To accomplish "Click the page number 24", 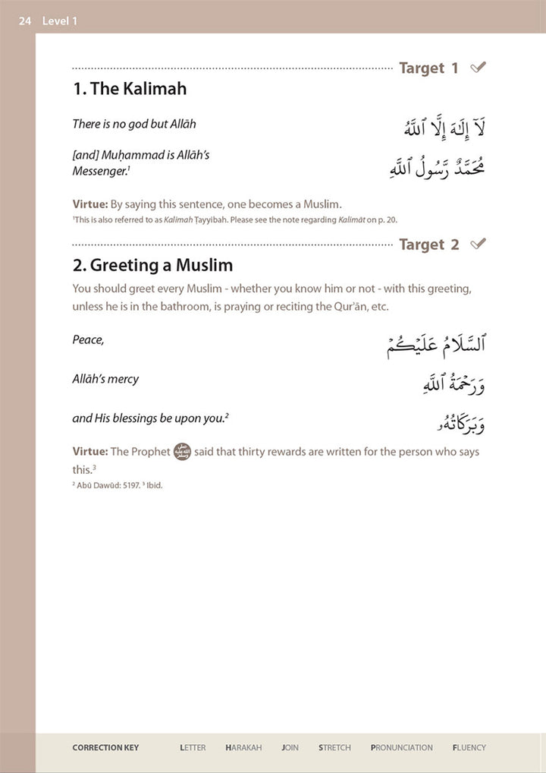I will (25, 21).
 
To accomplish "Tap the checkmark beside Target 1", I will (478, 68).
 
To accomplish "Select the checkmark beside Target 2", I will (478, 244).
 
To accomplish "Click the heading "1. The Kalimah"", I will (130, 89).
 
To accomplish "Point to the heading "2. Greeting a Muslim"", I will (152, 265).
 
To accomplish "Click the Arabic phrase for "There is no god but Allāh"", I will (444, 126).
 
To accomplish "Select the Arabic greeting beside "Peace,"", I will (435, 344).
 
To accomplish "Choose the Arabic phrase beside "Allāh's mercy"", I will (453, 383).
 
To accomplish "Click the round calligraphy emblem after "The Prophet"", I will (182, 451).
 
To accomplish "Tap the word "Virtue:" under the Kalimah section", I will (90, 204).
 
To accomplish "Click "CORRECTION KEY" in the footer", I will (105, 748).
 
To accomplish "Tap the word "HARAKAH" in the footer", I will (243, 748).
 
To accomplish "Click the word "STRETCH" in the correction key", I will (334, 748).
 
